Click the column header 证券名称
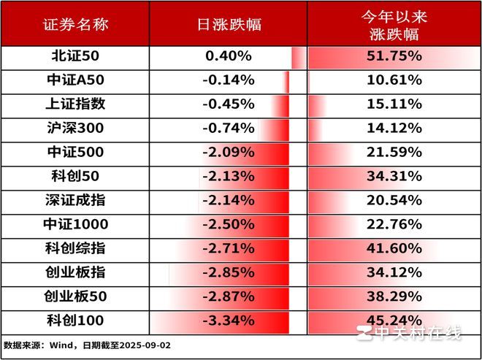pyautogui.click(x=76, y=25)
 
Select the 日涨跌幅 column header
pyautogui.click(x=229, y=25)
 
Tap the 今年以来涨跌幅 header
pyautogui.click(x=394, y=25)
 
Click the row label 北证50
pyautogui.click(x=75, y=56)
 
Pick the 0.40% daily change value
pyautogui.click(x=229, y=56)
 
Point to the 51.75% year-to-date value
pyautogui.click(x=394, y=56)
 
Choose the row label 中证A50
pyautogui.click(x=76, y=80)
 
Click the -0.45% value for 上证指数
pyautogui.click(x=229, y=104)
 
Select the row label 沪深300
pyautogui.click(x=76, y=128)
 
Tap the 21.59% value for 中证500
pyautogui.click(x=394, y=152)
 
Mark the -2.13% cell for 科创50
pyautogui.click(x=229, y=176)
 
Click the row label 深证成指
pyautogui.click(x=75, y=200)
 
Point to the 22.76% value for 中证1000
pyautogui.click(x=394, y=224)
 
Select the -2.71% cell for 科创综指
pyautogui.click(x=229, y=248)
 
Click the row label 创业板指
pyautogui.click(x=75, y=272)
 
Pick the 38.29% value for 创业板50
pyautogui.click(x=394, y=296)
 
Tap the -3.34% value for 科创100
pyautogui.click(x=229, y=321)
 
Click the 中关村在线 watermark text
pyautogui.click(x=417, y=333)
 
